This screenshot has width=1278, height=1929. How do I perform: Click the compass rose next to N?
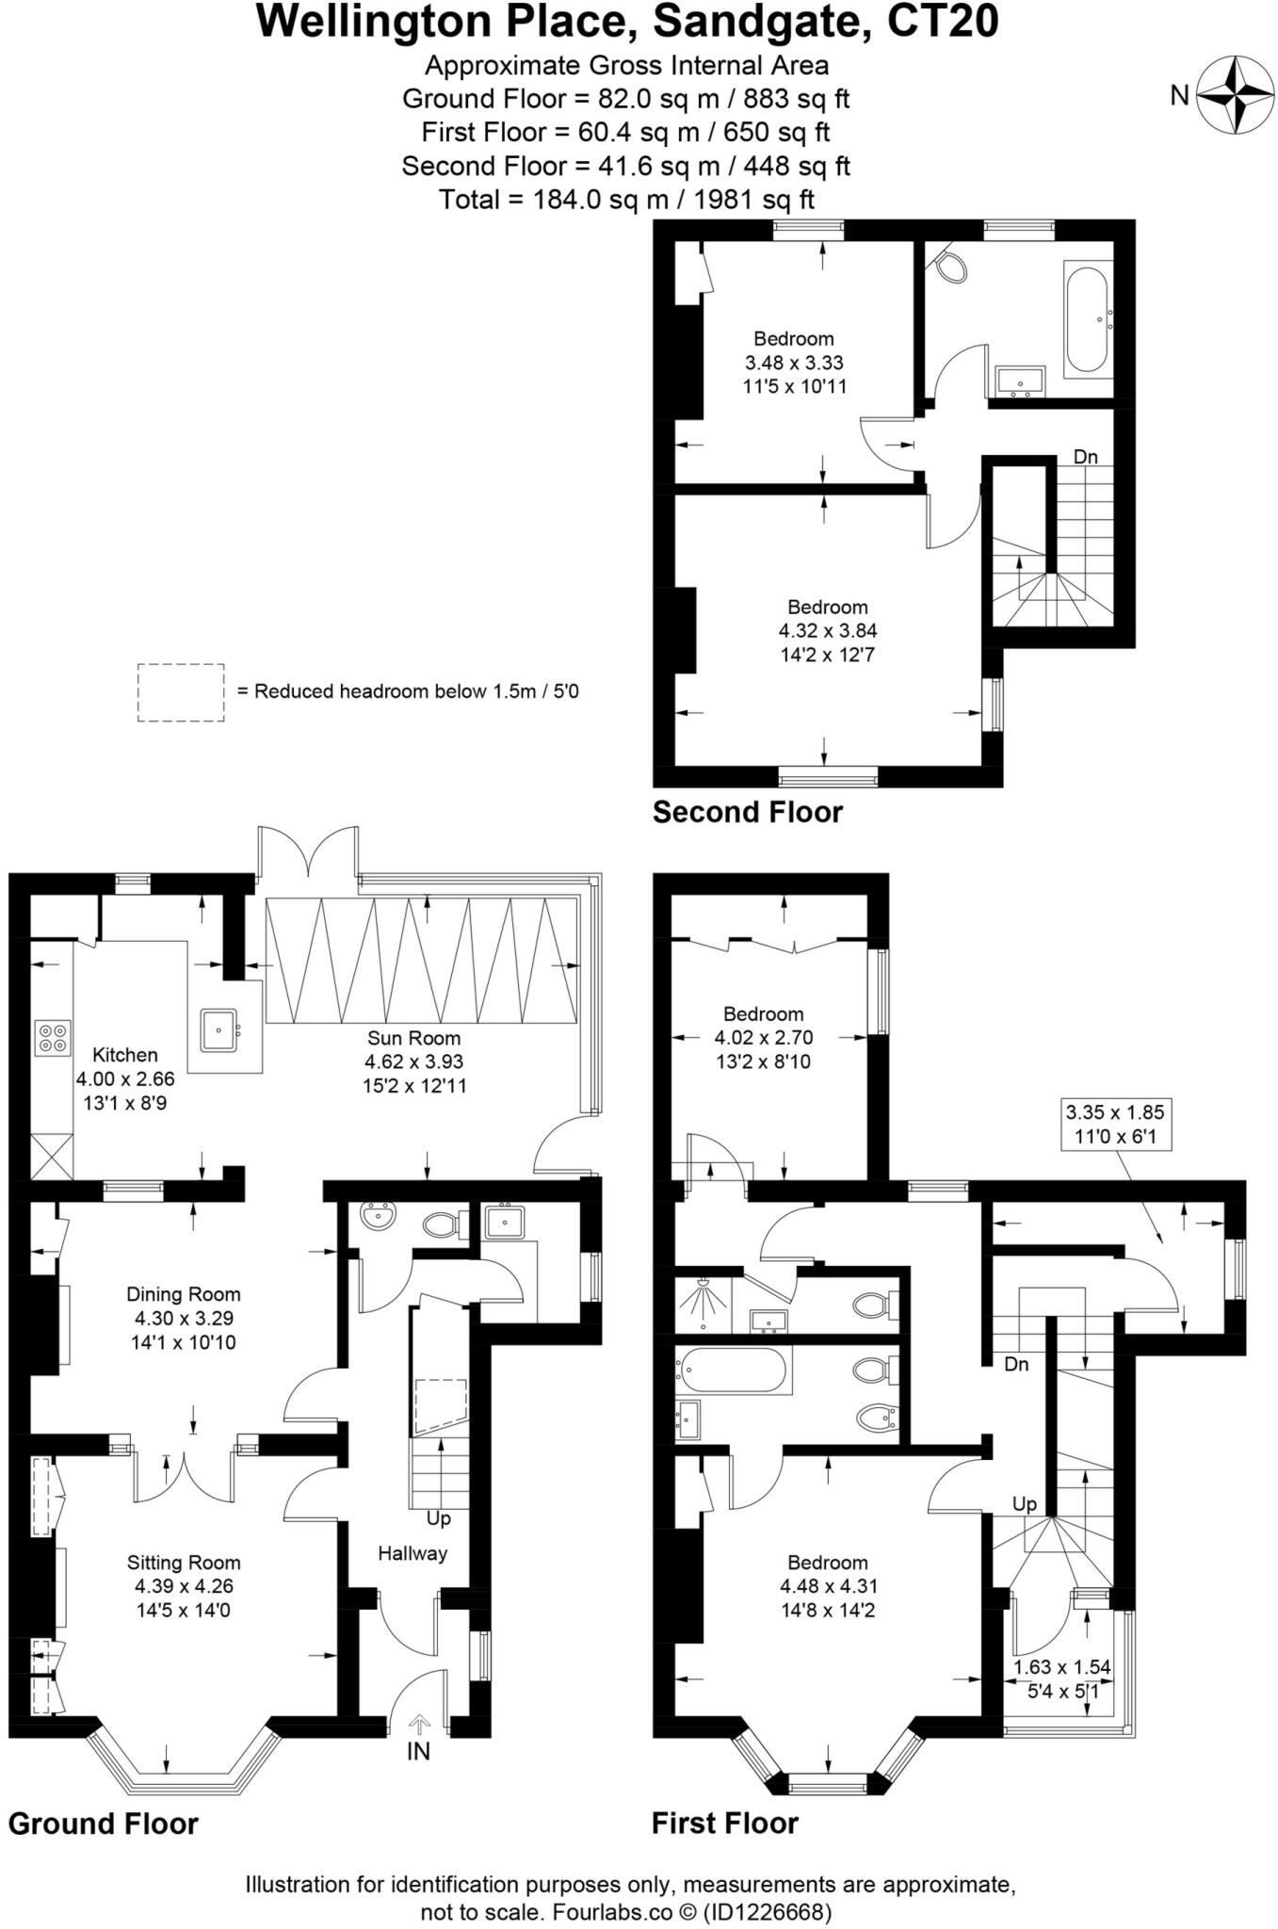pos(1234,94)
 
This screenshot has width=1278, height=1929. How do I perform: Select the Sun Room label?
pos(413,1038)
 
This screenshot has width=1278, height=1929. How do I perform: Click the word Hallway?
pos(413,1553)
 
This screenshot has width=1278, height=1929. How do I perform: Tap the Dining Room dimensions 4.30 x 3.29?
pos(183,1319)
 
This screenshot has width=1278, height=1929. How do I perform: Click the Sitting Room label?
pos(184,1563)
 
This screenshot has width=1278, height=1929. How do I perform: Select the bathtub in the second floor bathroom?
pos(1088,319)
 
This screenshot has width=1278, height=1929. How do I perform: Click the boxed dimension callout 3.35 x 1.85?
pos(1115,1124)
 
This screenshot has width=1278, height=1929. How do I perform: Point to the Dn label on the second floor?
pos(1085,457)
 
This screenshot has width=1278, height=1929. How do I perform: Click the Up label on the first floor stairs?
pos(1025,1504)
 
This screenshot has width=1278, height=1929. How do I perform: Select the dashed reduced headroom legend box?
pos(181,692)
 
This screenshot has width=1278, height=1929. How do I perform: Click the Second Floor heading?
pos(748,812)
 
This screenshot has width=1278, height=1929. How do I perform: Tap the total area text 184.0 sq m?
pos(626,200)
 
